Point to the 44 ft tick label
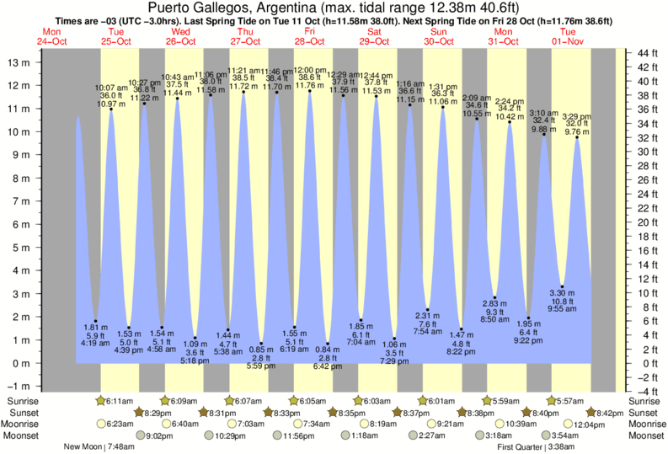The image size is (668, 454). click(x=647, y=54)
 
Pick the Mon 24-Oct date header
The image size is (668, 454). click(x=49, y=36)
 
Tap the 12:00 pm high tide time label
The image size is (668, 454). click(x=310, y=70)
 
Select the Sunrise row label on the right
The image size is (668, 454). click(x=646, y=400)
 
